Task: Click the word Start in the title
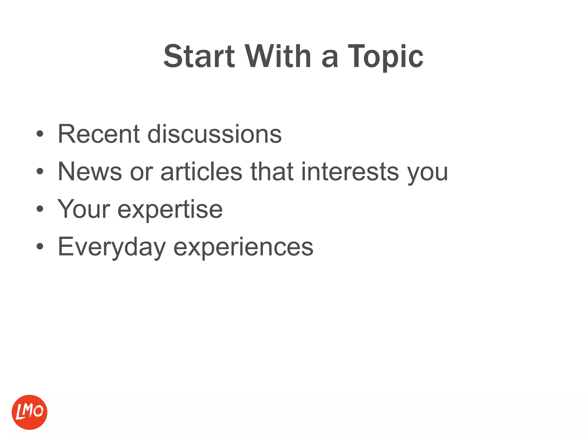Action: coord(199,56)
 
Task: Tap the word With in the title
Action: coord(278,56)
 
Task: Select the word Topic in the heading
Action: coord(386,56)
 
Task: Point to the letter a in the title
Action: coord(330,59)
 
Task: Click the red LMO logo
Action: coord(30,412)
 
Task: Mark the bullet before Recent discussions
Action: coord(40,134)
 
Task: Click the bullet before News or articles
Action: coord(40,172)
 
